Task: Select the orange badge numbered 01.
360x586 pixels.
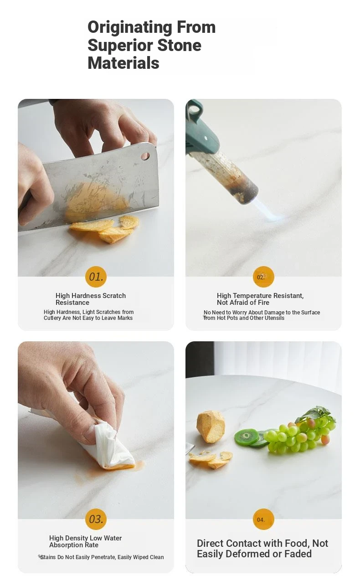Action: (x=96, y=277)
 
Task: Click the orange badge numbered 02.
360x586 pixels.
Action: (x=263, y=277)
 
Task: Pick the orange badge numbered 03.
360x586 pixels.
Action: (x=96, y=519)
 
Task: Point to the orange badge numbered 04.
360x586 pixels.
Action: (x=263, y=519)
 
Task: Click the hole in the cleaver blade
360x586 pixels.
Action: (x=145, y=156)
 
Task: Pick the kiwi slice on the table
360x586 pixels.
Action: (x=247, y=437)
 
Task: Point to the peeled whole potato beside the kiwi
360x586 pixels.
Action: (x=211, y=427)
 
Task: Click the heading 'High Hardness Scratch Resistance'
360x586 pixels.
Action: (x=91, y=299)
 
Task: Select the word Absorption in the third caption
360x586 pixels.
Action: (x=66, y=545)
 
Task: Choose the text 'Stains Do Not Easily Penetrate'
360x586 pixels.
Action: (x=78, y=557)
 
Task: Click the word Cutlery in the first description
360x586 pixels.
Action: (x=52, y=318)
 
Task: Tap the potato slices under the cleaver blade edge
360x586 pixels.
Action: (x=105, y=229)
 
